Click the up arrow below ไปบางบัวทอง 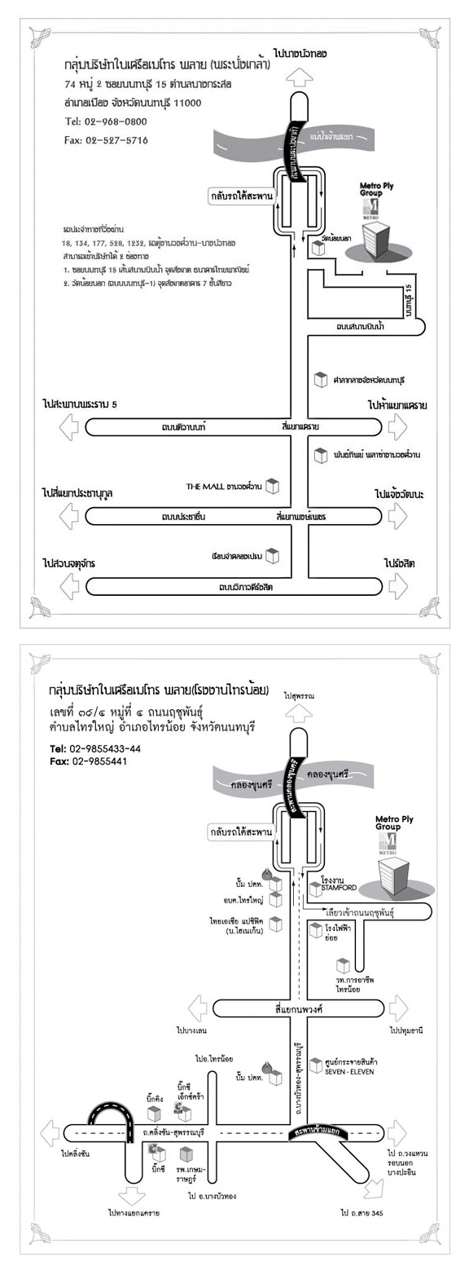(299, 77)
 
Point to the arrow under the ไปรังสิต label (397, 585)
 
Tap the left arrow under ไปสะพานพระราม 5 (71, 426)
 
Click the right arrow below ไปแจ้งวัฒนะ (397, 516)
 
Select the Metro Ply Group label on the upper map (376, 189)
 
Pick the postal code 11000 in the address (186, 103)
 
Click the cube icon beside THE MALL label (273, 486)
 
